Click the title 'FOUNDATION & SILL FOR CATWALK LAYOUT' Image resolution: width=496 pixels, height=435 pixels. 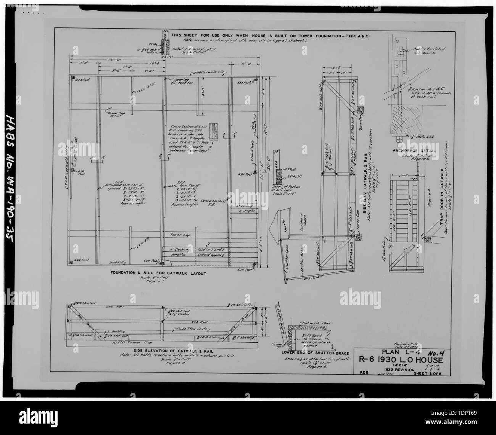158,273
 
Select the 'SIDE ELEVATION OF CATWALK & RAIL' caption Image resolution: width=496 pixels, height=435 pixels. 157,351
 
